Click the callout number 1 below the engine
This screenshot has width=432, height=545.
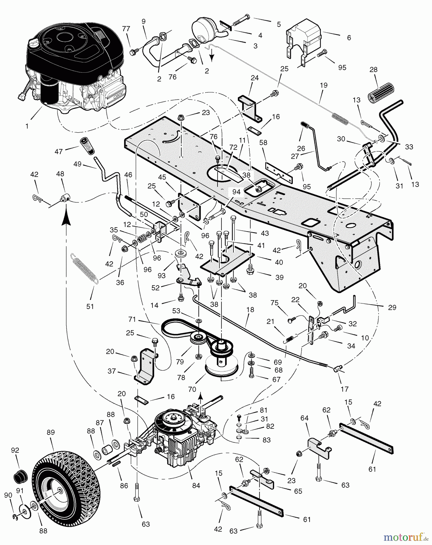27,126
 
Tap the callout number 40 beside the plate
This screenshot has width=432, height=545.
279,262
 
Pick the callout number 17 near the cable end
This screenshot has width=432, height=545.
345,389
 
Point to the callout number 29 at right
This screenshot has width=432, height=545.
392,307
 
